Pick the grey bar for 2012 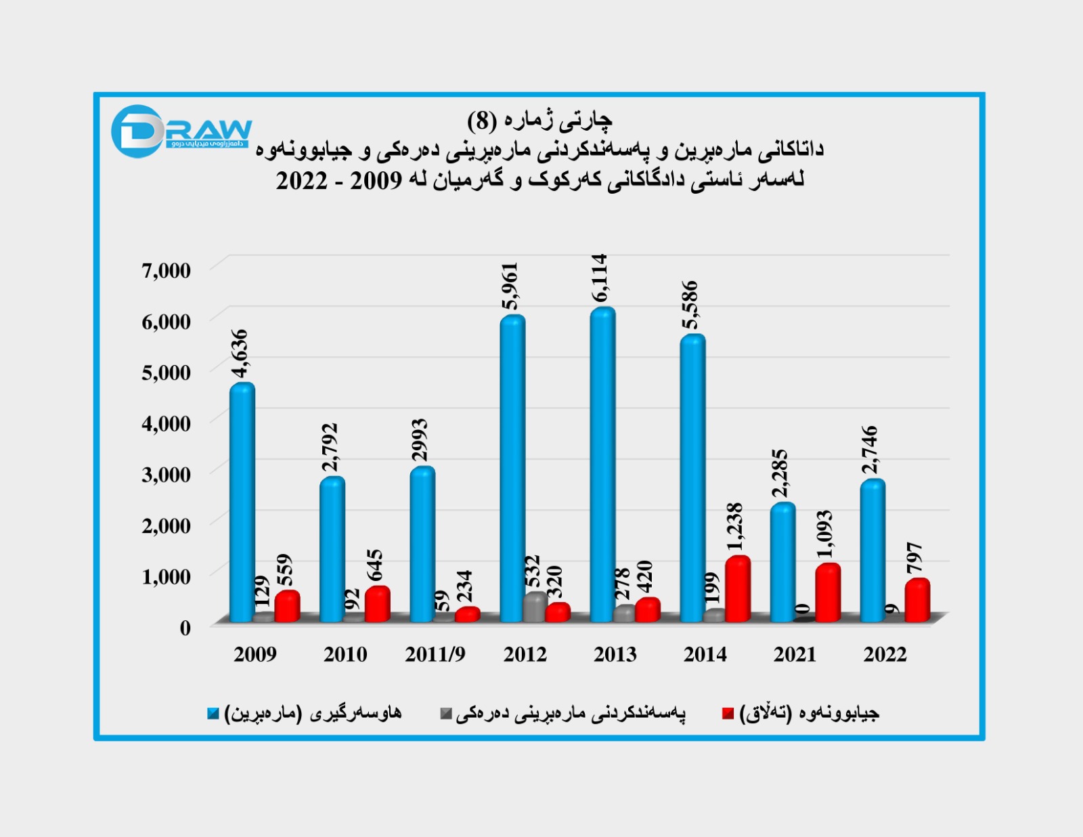click(x=535, y=606)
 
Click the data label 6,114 click(x=600, y=278)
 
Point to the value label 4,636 click(x=240, y=353)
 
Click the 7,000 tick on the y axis click(x=166, y=270)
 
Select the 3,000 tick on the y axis click(x=166, y=474)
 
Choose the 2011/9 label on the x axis click(x=435, y=654)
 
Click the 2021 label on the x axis click(x=795, y=654)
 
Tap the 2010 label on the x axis click(x=345, y=654)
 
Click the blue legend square click(x=213, y=714)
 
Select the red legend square click(x=728, y=714)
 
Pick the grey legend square click(x=445, y=714)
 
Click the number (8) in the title click(x=482, y=121)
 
